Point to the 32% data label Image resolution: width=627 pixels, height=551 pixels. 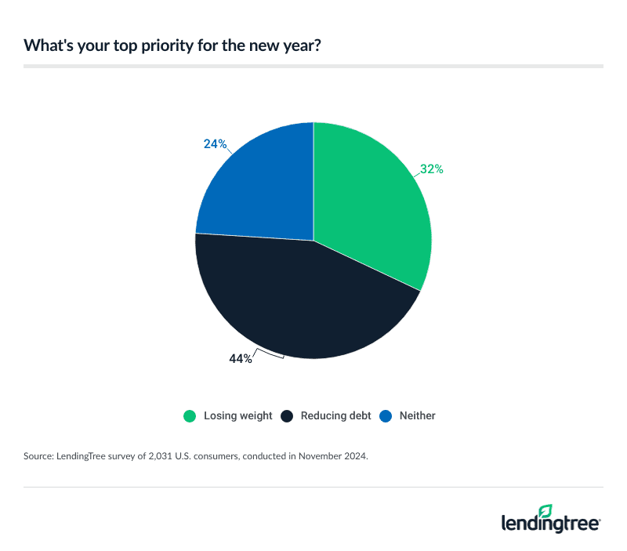pos(431,169)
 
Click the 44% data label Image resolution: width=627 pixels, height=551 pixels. pos(241,359)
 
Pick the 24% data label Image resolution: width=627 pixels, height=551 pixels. pos(215,143)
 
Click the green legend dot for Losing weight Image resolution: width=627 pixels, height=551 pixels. pos(189,416)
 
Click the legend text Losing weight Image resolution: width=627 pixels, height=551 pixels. pos(237,416)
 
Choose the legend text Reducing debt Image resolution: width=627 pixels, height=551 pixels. pos(336,416)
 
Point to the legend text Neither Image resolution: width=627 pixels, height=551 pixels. pos(416,416)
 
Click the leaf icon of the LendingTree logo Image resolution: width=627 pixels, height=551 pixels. pos(546,511)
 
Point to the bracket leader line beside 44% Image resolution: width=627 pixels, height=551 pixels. pos(270,354)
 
